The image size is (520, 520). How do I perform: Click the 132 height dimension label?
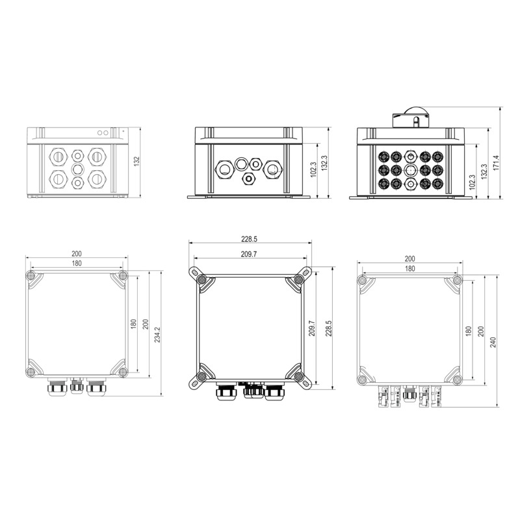tap(137, 161)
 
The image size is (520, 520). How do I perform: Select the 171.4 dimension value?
tap(496, 162)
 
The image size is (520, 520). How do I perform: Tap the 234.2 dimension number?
tap(157, 334)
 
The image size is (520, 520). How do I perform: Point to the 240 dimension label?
tap(493, 342)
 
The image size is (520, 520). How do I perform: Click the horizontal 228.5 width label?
tap(249, 239)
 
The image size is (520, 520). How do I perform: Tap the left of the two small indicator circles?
tap(99, 133)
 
